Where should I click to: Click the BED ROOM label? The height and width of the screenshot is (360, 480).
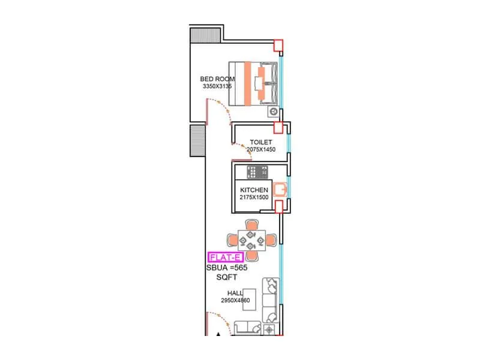tap(217, 79)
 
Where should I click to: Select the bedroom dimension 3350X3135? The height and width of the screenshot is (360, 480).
tap(217, 86)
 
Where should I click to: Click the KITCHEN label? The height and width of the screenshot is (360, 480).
tap(254, 190)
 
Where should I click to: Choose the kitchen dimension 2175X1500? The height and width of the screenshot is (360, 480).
tap(254, 197)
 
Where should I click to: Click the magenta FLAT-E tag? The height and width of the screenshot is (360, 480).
tap(226, 257)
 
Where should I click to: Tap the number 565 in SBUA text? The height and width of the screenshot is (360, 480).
tap(239, 268)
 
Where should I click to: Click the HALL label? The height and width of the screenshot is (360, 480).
tap(235, 293)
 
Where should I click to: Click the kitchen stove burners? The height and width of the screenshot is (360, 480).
tap(261, 173)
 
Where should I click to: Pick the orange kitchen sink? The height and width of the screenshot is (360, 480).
tap(280, 190)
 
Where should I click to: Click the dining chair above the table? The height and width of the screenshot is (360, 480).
tap(251, 225)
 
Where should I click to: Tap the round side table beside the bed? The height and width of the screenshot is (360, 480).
tap(274, 111)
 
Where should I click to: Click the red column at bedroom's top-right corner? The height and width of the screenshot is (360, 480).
tap(278, 46)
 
